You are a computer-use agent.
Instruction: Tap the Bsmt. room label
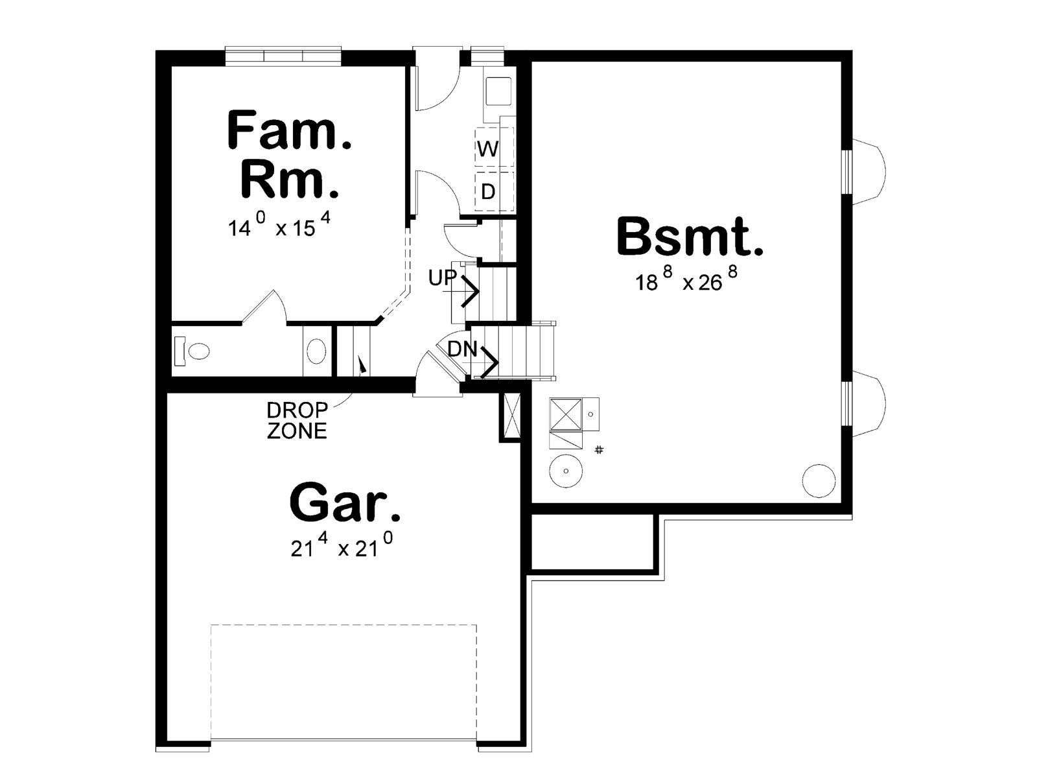pos(690,237)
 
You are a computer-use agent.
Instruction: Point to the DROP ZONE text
pos(297,420)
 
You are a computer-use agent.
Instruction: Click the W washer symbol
pos(488,149)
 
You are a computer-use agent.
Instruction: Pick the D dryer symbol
pos(488,192)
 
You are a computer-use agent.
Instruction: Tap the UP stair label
pos(442,278)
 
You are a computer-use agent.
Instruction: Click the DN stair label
pos(463,349)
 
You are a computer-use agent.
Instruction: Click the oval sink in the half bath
pos(316,351)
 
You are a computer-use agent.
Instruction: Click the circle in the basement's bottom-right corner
pos(819,481)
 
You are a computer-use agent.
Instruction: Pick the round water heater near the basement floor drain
pos(566,471)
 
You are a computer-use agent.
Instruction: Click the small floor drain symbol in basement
pos(600,450)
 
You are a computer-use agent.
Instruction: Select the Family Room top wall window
pos(283,55)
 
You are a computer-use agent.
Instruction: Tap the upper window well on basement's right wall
pos(867,172)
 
